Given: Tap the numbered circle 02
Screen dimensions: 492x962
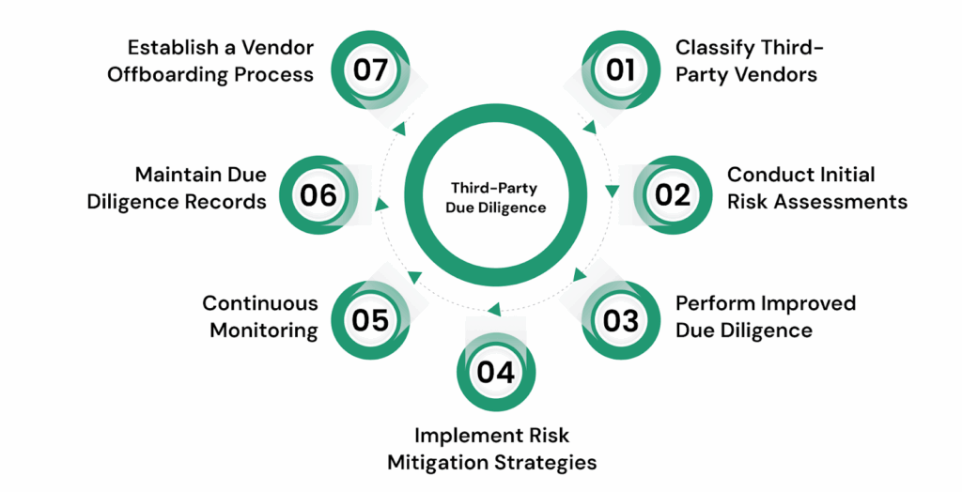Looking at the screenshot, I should tap(672, 194).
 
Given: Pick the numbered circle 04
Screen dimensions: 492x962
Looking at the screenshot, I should tap(495, 372).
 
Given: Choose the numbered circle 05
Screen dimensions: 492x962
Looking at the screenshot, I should tap(370, 320).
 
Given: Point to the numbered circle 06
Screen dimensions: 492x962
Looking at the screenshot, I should tap(318, 194).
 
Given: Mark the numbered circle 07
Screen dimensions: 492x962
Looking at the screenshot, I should tap(370, 70).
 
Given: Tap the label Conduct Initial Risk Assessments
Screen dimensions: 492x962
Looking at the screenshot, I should tap(816, 188).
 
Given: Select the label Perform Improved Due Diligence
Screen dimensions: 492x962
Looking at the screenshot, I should tap(766, 315).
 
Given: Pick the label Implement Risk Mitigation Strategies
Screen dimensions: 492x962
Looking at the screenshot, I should tap(505, 449).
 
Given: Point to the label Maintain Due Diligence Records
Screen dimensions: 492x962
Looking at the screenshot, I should tap(177, 188).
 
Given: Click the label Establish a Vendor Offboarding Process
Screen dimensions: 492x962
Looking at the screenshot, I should tap(210, 60).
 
